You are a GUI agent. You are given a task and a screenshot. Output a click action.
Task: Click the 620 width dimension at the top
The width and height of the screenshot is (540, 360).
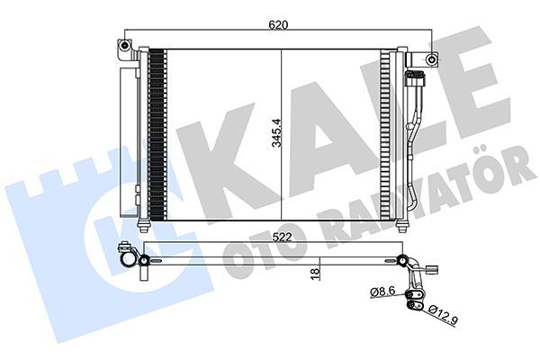coord(277,26)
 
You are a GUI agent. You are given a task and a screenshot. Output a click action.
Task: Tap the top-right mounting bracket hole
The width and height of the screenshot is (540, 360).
coord(433,60)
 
